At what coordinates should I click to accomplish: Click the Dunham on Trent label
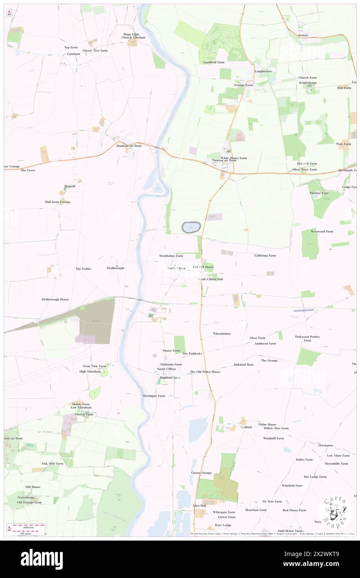tap(129, 146)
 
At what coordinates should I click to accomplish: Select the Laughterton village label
tap(263, 71)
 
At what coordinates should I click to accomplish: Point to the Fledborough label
tap(116, 268)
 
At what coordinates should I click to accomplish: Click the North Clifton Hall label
tap(210, 279)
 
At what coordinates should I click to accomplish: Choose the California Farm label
tap(265, 255)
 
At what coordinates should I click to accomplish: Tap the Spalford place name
tap(246, 427)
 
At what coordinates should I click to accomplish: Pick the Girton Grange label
tap(201, 473)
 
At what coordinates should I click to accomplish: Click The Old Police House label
tap(205, 372)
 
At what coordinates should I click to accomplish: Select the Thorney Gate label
tap(319, 193)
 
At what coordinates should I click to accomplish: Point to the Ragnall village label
tap(70, 186)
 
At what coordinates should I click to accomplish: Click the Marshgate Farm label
tap(154, 396)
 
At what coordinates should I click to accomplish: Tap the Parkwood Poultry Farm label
tap(308, 338)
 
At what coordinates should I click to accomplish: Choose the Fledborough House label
tap(55, 299)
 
